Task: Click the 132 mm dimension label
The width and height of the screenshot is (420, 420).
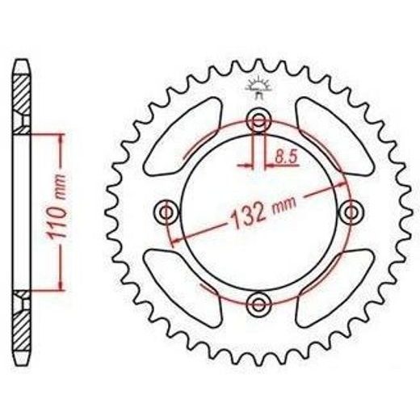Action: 263,212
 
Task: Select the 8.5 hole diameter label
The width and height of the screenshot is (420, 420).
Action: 286,157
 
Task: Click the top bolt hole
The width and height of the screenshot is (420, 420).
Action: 258,120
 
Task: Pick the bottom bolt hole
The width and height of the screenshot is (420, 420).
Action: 258,304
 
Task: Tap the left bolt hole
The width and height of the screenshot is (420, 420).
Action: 167,212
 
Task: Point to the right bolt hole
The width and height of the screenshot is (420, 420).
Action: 351,212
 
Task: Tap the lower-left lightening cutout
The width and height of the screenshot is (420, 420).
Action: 183,288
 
